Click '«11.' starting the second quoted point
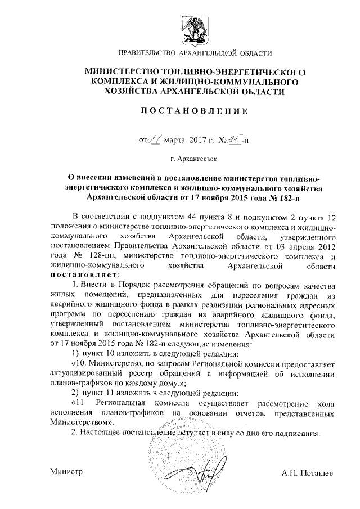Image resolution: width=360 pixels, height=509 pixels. click(78, 404)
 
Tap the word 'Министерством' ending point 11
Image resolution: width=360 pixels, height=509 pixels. click(80, 421)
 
